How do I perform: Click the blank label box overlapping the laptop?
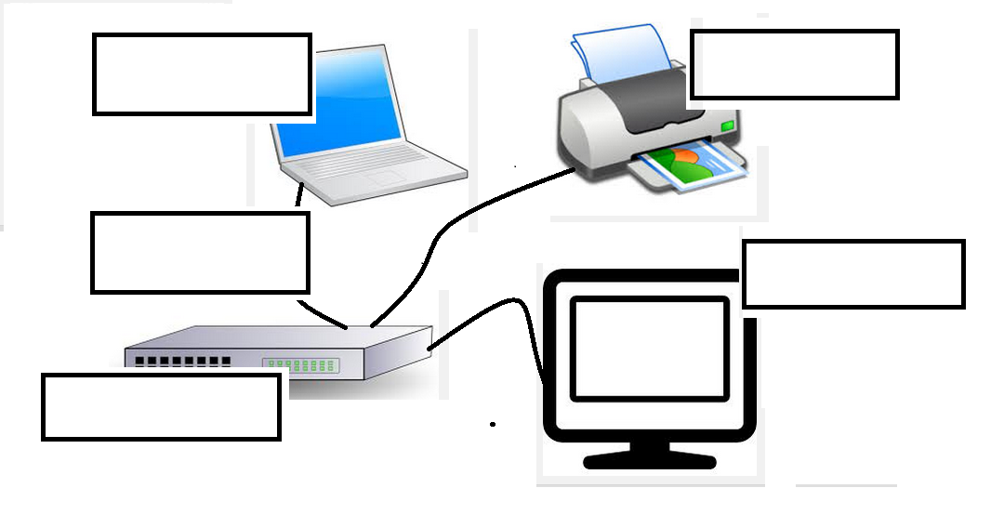201,74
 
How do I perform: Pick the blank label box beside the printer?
794,64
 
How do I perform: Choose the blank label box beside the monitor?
852,273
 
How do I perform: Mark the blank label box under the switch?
161,406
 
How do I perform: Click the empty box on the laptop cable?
200,252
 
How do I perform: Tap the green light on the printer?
727,124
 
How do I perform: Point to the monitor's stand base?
650,459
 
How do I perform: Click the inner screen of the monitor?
648,349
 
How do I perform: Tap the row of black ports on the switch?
181,360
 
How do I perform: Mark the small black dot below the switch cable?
493,424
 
